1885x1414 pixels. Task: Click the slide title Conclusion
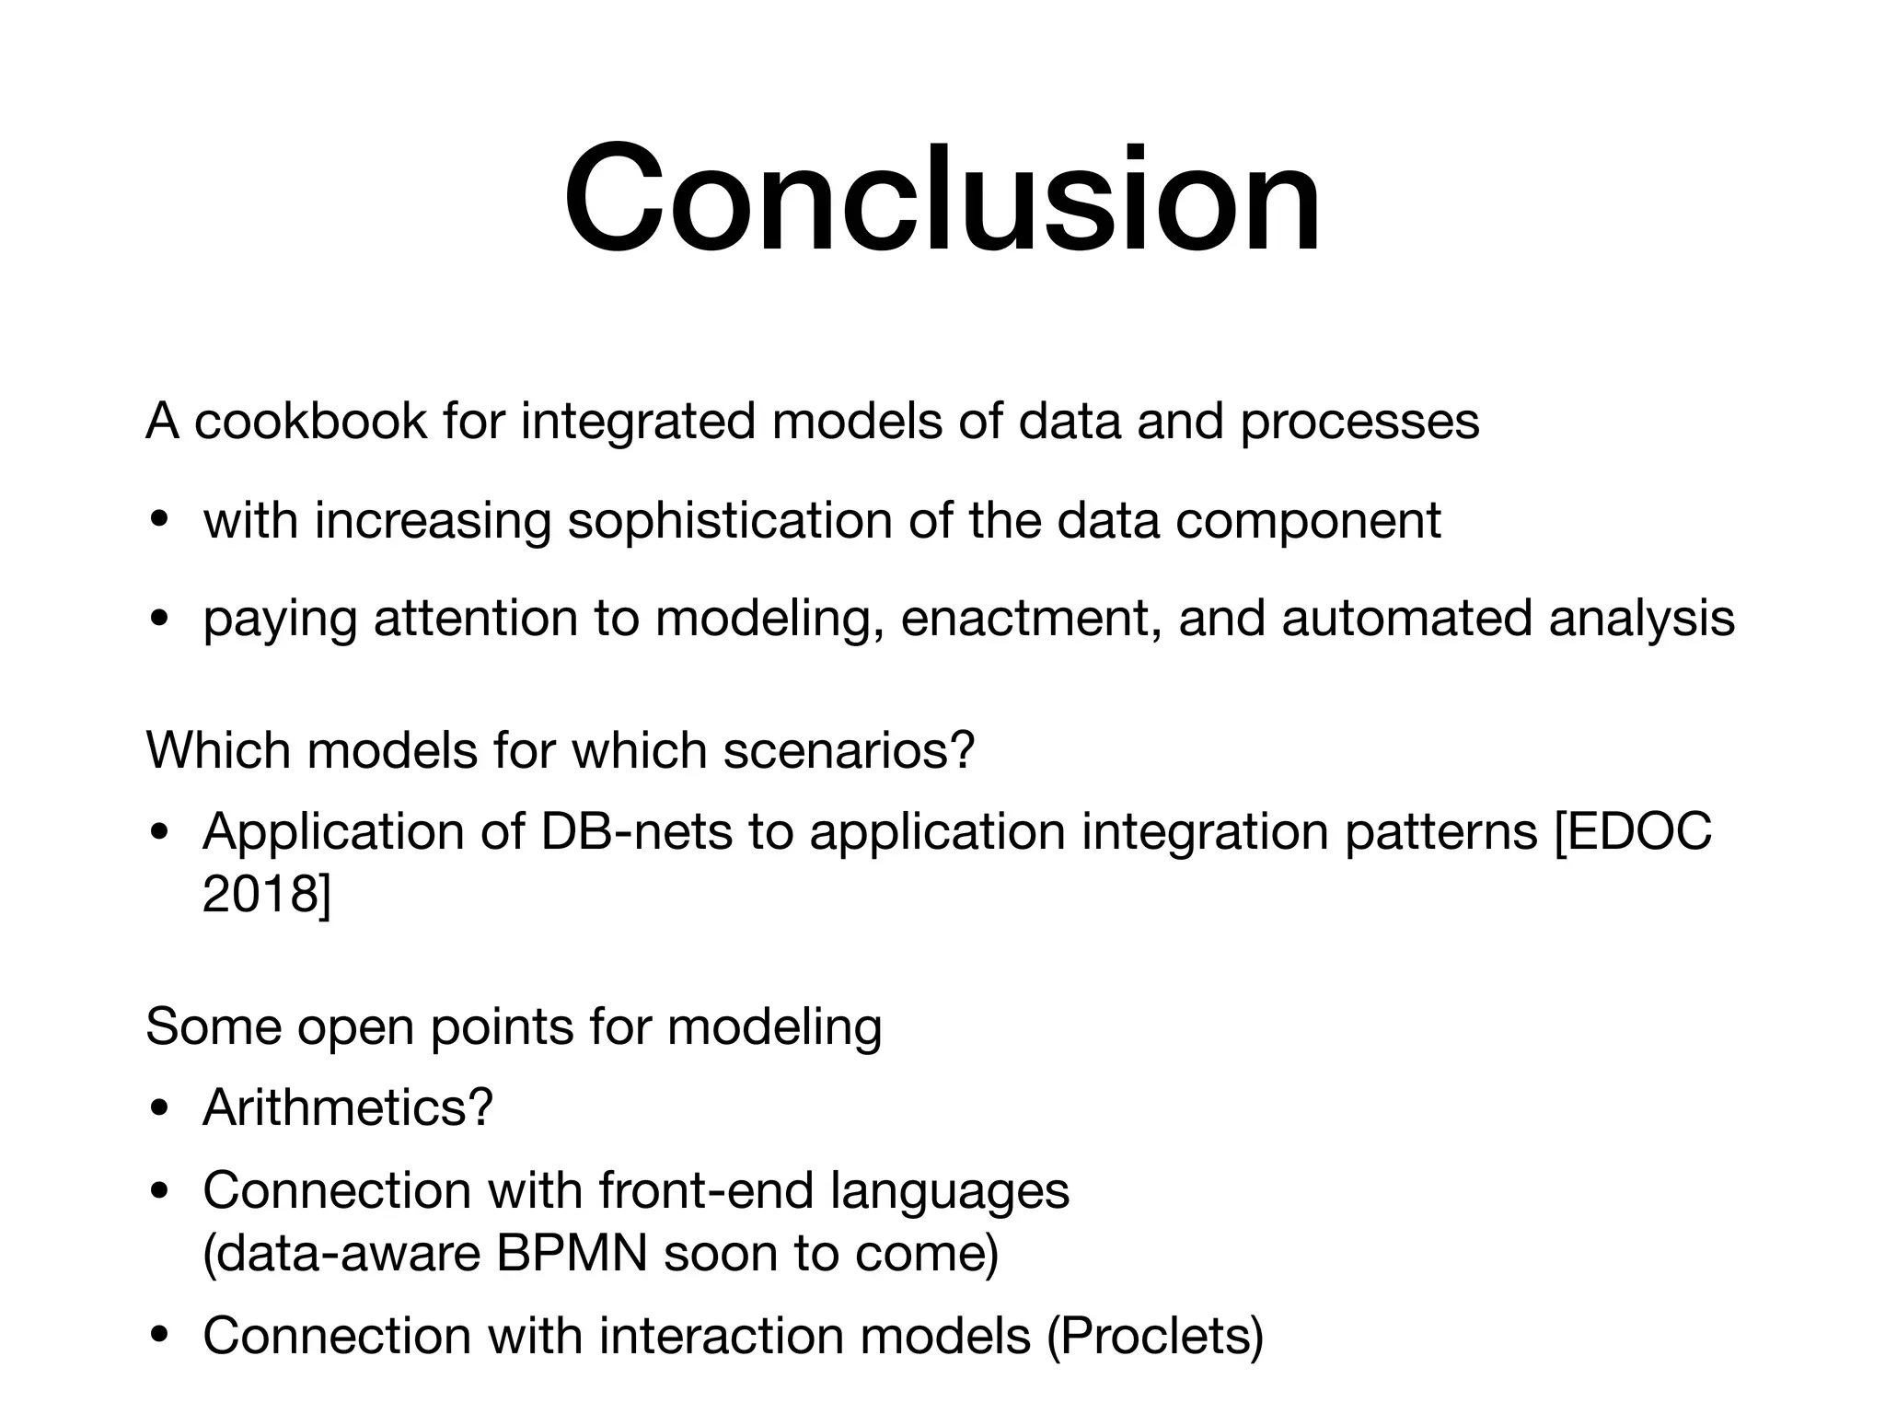click(x=942, y=198)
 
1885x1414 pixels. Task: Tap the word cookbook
click(x=311, y=422)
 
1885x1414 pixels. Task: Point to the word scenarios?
click(x=848, y=750)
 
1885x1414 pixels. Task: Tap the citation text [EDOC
click(x=1633, y=831)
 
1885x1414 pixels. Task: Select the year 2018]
click(x=266, y=893)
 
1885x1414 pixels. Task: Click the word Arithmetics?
click(x=348, y=1107)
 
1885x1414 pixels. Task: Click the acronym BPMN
click(x=571, y=1253)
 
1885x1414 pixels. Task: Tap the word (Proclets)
click(x=1155, y=1336)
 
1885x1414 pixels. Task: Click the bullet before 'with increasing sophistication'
click(x=159, y=521)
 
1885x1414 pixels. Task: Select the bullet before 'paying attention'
click(x=159, y=618)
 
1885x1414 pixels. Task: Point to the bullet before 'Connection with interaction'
click(x=159, y=1337)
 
